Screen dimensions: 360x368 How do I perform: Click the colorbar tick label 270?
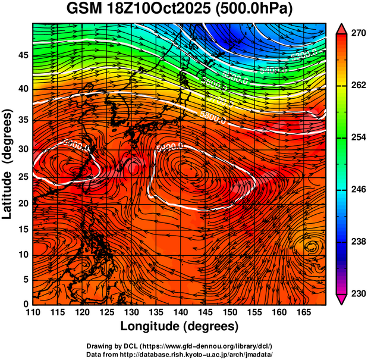357,34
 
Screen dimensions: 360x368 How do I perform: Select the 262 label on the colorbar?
357,86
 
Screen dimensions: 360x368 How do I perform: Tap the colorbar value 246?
357,190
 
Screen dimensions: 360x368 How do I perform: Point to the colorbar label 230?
357,293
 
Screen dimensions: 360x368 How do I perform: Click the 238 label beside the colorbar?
357,242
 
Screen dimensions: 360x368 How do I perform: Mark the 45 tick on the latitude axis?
22,55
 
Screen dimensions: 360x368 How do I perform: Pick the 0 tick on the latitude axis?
25,304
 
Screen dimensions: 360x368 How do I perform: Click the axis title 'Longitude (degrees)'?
180,327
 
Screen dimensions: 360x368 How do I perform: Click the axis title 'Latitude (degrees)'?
8,164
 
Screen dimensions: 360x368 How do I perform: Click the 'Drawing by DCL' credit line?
179,346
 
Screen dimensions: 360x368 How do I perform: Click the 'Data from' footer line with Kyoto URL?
179,354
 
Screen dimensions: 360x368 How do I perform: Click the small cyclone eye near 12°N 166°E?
311,246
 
